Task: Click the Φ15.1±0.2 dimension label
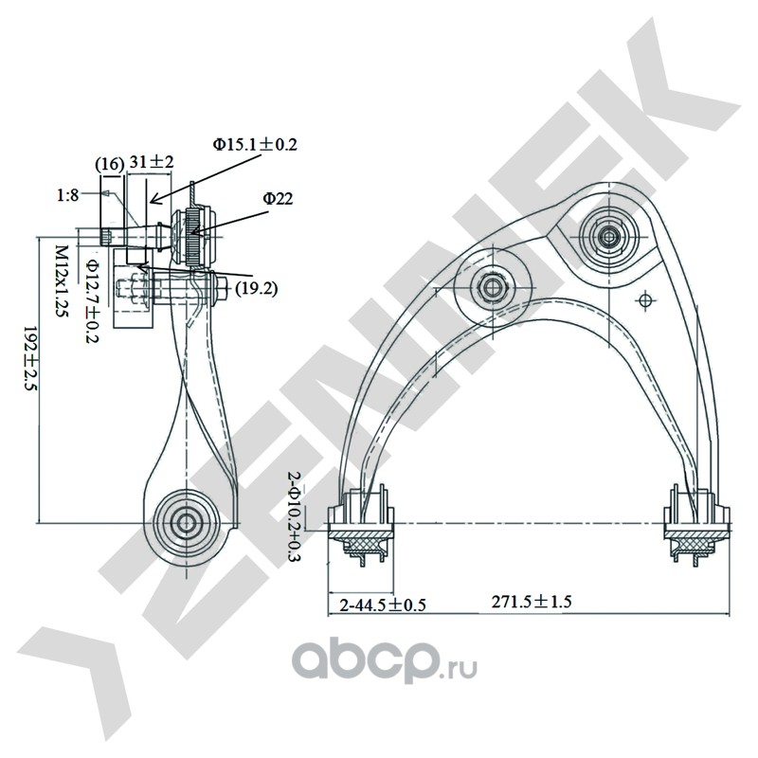pyautogui.click(x=255, y=144)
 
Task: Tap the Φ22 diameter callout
pyautogui.click(x=278, y=198)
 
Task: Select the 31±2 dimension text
pyautogui.click(x=152, y=161)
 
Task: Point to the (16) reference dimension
pyautogui.click(x=109, y=164)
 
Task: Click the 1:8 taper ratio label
pyautogui.click(x=67, y=195)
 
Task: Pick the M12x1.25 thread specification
pyautogui.click(x=62, y=280)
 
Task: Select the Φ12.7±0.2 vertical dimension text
pyautogui.click(x=92, y=300)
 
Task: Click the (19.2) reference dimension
pyautogui.click(x=256, y=289)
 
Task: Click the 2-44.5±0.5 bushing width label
pyautogui.click(x=383, y=605)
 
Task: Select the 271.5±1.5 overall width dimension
pyautogui.click(x=532, y=602)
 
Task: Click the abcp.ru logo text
pyautogui.click(x=385, y=663)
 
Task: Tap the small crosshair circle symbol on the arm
pyautogui.click(x=643, y=300)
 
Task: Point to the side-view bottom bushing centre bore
pyautogui.click(x=186, y=523)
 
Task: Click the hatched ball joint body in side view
pyautogui.click(x=192, y=236)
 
